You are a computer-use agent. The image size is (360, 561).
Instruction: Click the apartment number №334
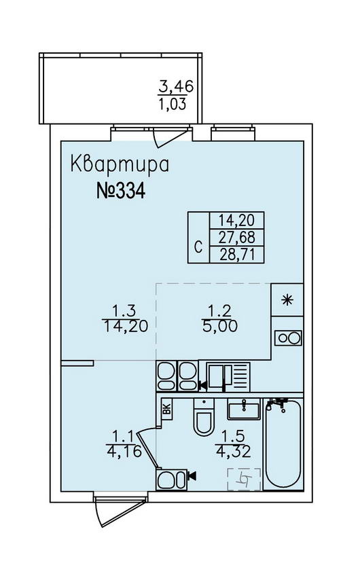point(121,191)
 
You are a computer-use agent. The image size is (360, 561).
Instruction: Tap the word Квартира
point(120,164)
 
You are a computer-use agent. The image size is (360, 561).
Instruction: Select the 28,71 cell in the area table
point(237,255)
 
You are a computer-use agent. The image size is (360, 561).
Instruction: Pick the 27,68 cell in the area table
point(237,237)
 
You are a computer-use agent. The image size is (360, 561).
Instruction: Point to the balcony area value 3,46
point(176,86)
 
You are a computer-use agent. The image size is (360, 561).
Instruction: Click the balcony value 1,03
point(173,104)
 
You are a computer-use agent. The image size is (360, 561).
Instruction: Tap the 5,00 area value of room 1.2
point(219,326)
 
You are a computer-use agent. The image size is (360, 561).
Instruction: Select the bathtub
point(283,444)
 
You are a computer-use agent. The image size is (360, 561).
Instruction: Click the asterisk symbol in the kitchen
point(287,300)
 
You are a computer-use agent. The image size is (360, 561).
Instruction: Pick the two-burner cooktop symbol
point(288,338)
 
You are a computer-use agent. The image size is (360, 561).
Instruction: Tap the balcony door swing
point(171,137)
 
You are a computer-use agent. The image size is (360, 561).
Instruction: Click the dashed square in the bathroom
point(245,479)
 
